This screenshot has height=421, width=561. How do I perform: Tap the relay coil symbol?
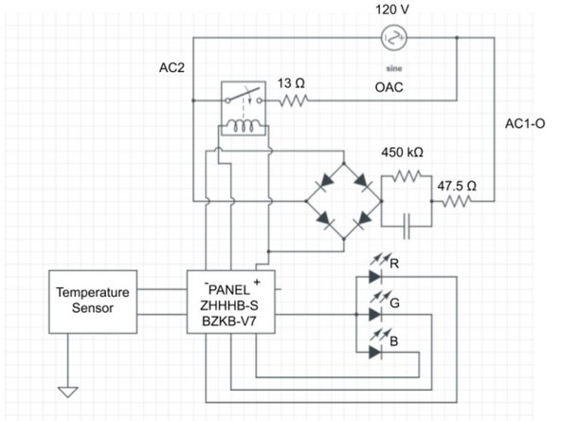244,129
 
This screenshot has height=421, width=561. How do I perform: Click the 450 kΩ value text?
402,152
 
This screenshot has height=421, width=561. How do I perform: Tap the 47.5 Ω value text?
458,185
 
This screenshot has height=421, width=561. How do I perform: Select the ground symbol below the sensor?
67,389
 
